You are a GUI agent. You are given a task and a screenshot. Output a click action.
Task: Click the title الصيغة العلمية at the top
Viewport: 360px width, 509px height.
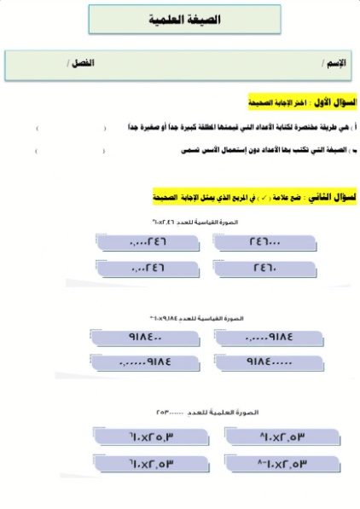[180, 18]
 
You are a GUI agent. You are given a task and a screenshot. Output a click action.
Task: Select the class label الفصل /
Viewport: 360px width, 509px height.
[80, 64]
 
